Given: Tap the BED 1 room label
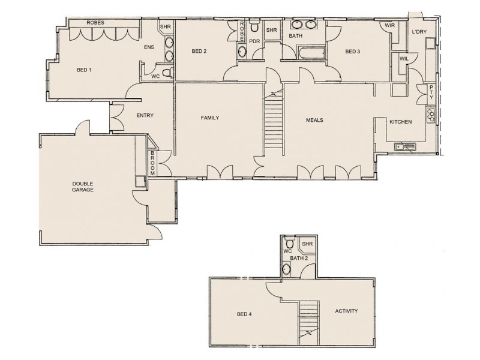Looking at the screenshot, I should click(84, 70).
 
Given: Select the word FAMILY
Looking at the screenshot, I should click(210, 118).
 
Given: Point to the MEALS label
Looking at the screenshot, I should click(315, 120).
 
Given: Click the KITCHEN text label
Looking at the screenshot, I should click(400, 122).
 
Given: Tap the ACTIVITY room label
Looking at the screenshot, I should click(346, 311).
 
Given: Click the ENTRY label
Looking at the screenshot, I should click(145, 116).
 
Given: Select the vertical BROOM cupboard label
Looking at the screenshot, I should click(153, 163).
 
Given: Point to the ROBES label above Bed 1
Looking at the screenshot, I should click(95, 22).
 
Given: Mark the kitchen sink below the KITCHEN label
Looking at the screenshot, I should click(403, 146).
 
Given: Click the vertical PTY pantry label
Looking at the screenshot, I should click(431, 93).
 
